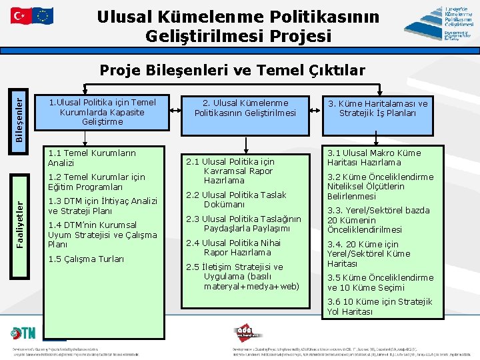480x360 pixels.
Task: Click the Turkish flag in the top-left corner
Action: click(x=20, y=15)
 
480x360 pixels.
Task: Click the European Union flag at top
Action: click(x=43, y=15)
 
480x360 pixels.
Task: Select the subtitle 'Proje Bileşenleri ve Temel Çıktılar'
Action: click(x=231, y=70)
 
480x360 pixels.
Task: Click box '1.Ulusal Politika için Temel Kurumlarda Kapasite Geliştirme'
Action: click(x=103, y=112)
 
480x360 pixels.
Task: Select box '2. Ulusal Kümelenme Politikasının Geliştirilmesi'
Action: click(x=245, y=108)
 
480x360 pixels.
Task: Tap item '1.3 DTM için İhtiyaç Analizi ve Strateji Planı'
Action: click(x=103, y=206)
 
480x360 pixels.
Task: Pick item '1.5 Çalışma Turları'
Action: click(x=86, y=259)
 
